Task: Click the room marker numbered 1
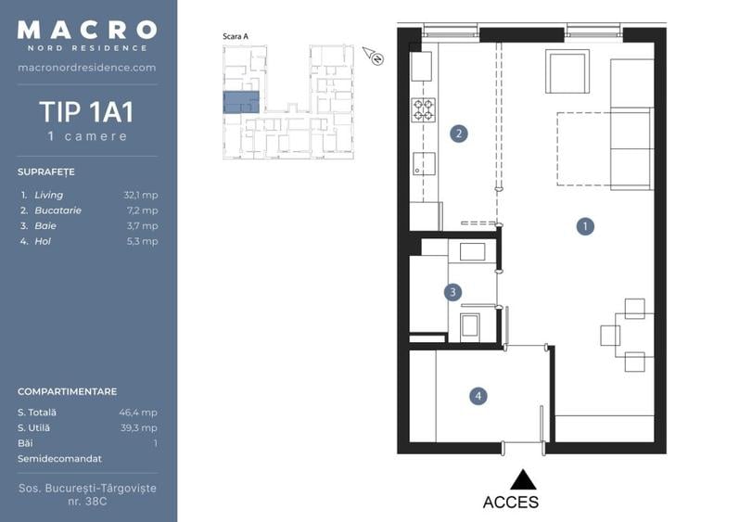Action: [585, 226]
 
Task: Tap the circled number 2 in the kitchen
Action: [459, 134]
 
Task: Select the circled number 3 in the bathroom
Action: [452, 292]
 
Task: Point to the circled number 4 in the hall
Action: [478, 396]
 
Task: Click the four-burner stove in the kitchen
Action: [423, 109]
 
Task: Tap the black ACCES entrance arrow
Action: [523, 479]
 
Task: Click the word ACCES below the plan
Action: [510, 503]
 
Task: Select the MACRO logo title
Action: [87, 30]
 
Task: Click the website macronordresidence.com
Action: [87, 68]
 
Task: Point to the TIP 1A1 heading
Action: [87, 111]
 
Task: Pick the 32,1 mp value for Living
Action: [141, 195]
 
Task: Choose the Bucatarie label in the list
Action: [58, 210]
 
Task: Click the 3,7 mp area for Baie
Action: [143, 225]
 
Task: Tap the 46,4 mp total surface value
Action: [138, 413]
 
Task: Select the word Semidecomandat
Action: [60, 458]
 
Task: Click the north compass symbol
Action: [374, 56]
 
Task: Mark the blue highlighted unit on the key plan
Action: [241, 102]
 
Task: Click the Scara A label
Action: [236, 36]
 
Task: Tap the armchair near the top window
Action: [567, 71]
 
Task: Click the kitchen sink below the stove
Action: [424, 164]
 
